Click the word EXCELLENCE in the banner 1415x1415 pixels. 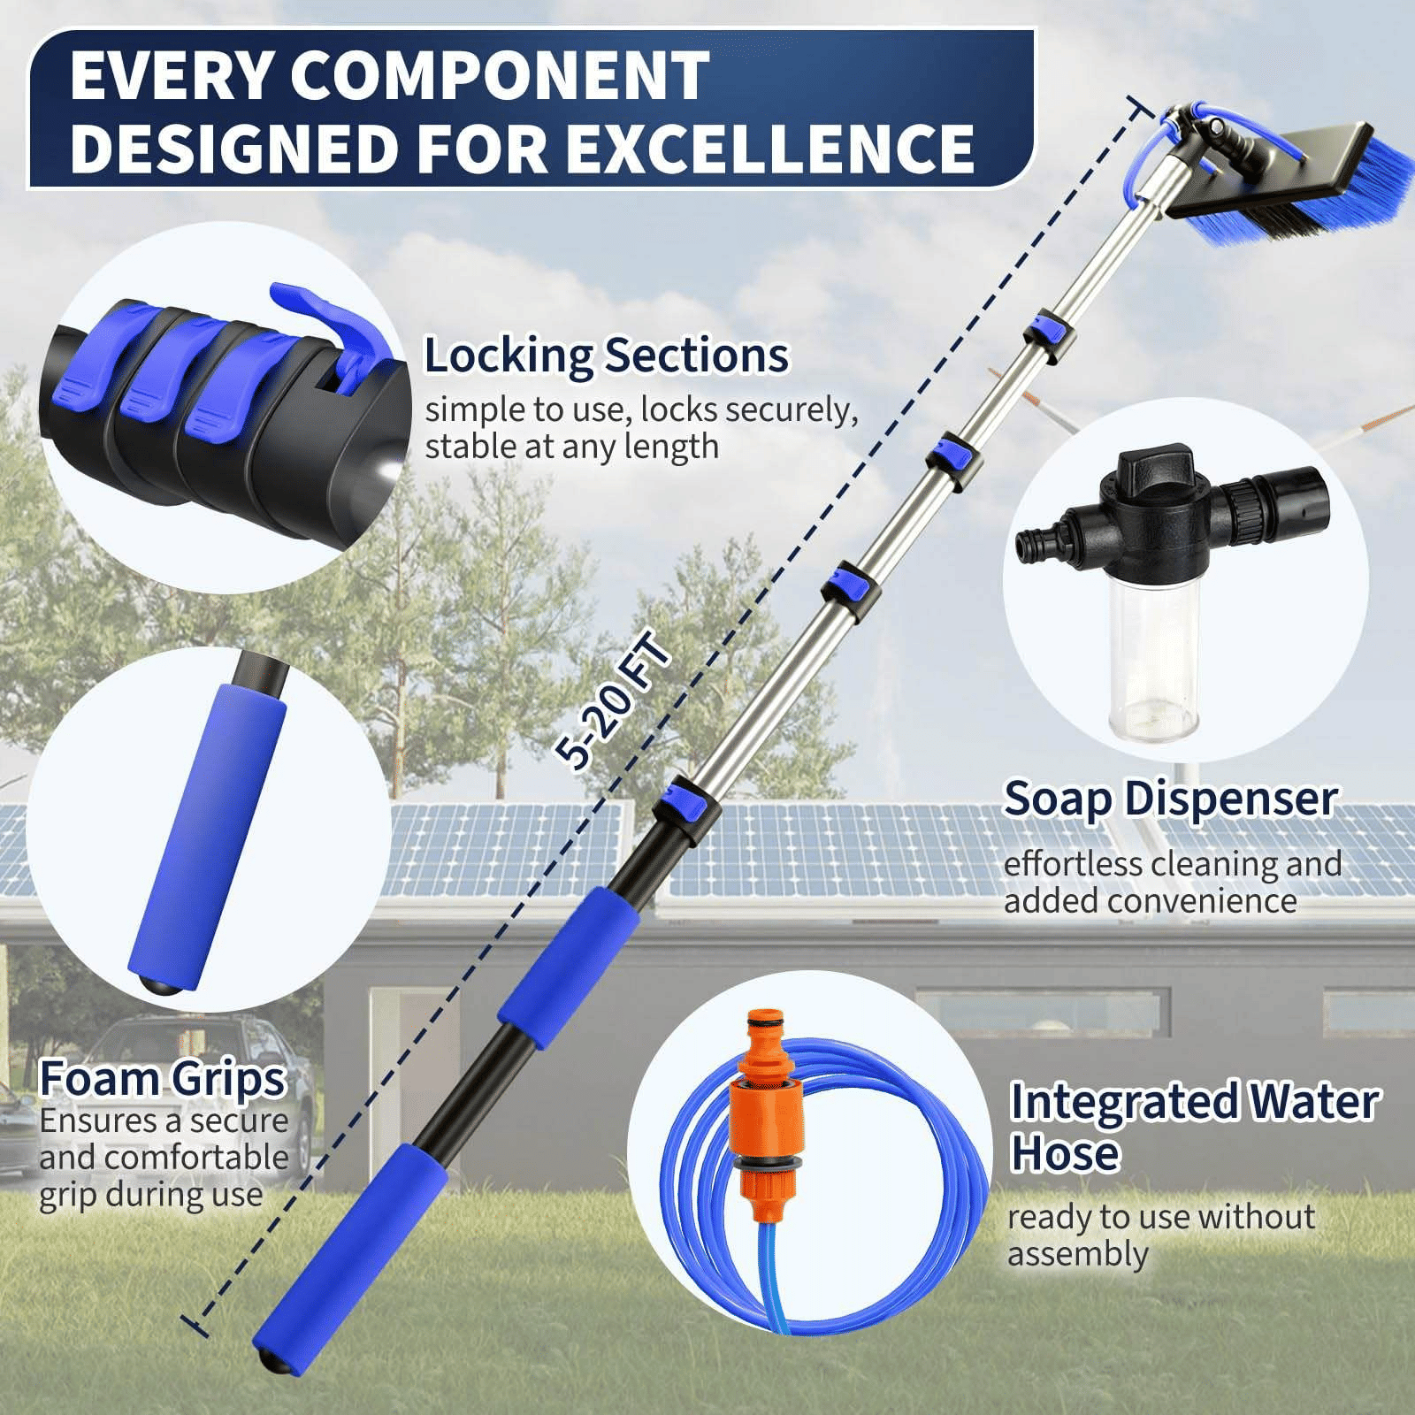coord(769,149)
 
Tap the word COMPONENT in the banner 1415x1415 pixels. coord(500,75)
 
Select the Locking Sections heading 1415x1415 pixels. coord(606,356)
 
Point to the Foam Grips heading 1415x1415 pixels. coord(163,1079)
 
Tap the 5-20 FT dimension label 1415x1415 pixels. coord(612,699)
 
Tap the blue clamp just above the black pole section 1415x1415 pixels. coord(685,807)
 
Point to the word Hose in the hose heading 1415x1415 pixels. coord(1066,1154)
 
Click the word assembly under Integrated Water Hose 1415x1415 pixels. coord(1078,1254)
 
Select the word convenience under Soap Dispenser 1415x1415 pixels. coord(1151,900)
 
